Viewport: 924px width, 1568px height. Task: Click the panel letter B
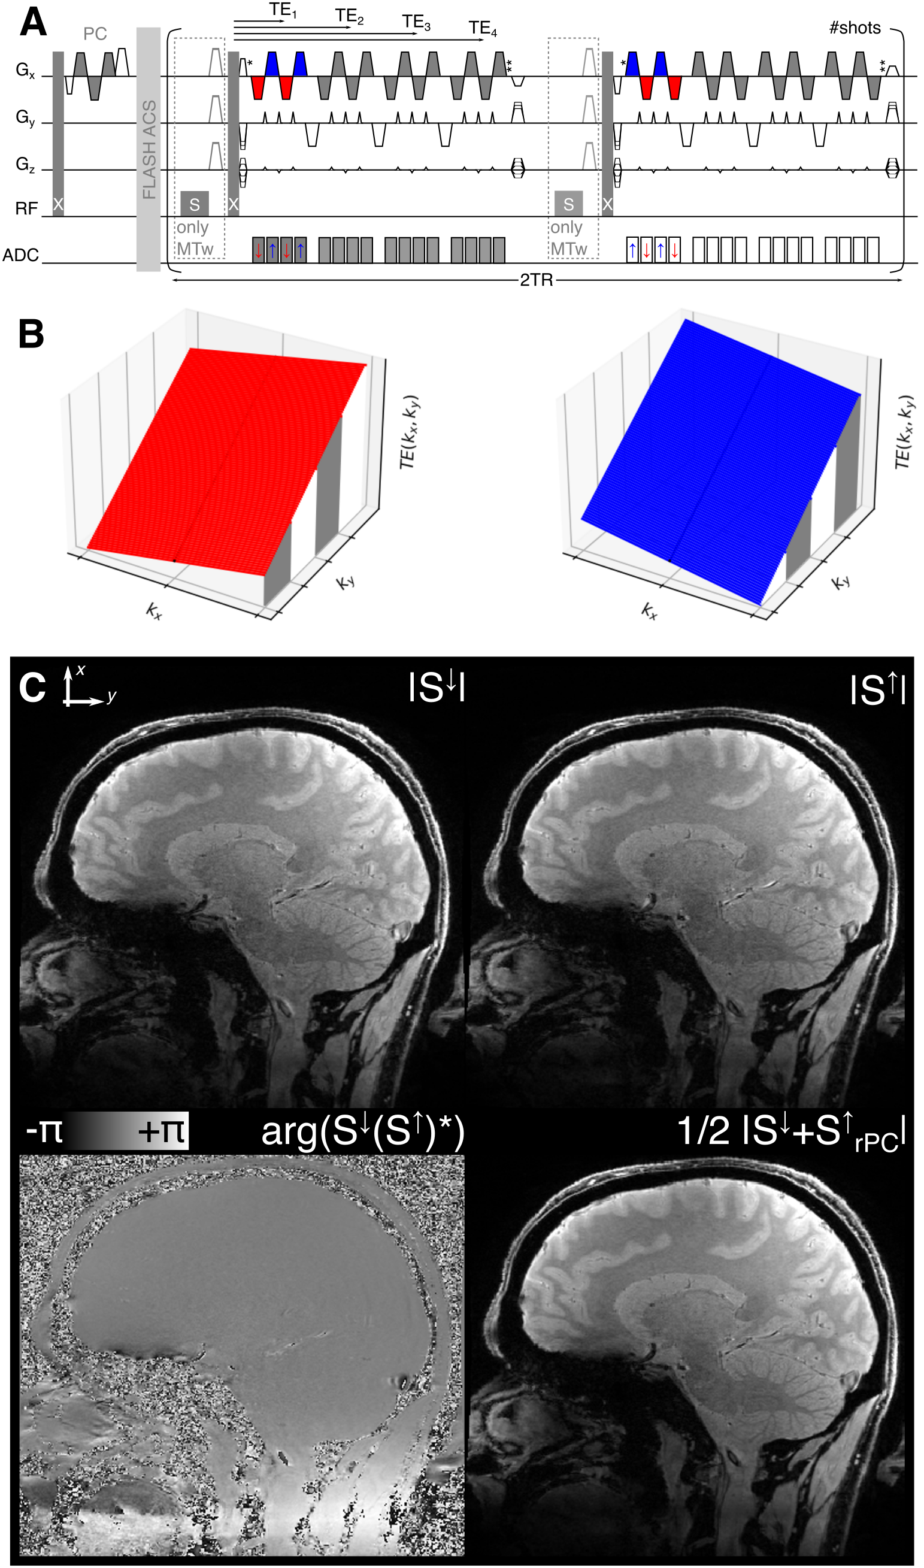31,334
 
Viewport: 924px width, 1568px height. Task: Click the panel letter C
32,688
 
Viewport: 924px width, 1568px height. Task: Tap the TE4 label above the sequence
483,28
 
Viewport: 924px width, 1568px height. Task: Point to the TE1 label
283,10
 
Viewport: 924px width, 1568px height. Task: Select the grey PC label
95,34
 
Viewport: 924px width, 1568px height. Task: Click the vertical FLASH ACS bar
148,150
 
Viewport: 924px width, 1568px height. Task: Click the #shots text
855,28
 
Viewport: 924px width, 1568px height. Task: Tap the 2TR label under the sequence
536,280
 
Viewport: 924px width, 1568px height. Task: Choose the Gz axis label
25,164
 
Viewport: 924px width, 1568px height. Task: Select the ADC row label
20,255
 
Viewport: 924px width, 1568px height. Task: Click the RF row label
26,208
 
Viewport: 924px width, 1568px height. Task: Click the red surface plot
228,461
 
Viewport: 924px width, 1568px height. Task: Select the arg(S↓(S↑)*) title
362,1131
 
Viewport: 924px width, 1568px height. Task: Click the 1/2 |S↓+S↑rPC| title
790,1131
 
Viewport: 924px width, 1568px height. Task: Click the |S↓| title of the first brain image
437,688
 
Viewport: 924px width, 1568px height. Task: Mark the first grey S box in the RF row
194,204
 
